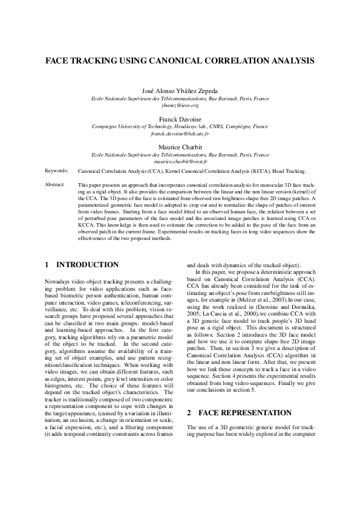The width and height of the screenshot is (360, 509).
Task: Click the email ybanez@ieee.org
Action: coord(180,105)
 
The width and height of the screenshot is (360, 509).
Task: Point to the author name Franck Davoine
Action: coord(180,119)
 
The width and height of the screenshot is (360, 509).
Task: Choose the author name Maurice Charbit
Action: coord(180,148)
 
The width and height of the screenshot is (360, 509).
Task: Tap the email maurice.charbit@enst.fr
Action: coord(180,161)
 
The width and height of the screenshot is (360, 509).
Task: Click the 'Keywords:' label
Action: coord(56,171)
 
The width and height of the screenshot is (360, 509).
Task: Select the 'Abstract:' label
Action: coord(56,184)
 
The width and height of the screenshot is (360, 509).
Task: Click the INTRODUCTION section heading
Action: coord(87,265)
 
